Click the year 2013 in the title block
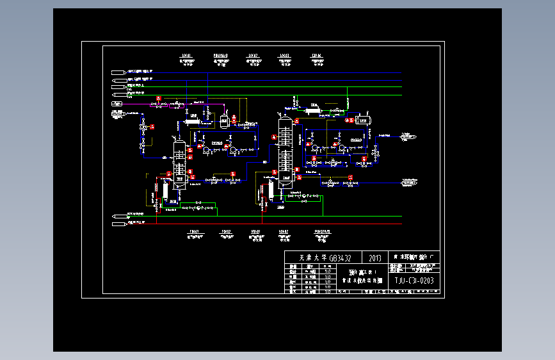[375, 258]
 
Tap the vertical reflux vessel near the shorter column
[224, 120]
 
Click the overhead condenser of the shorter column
[191, 120]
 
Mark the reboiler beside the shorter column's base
[165, 191]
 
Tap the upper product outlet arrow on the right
[408, 136]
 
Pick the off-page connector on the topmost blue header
[118, 71]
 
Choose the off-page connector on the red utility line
[118, 224]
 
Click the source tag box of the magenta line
[117, 103]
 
